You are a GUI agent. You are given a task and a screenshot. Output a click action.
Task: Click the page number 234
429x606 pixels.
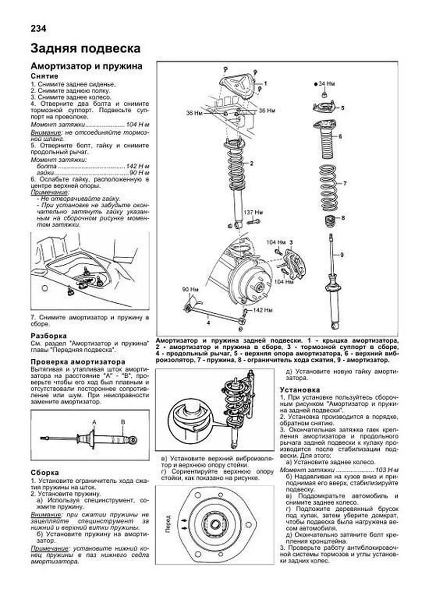coord(38,29)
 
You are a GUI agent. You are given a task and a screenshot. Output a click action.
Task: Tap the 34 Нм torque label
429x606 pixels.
coord(326,84)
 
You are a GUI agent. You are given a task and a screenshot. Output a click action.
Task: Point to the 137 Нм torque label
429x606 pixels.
coord(253,212)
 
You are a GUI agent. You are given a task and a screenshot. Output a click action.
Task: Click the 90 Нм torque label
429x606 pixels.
coord(190,289)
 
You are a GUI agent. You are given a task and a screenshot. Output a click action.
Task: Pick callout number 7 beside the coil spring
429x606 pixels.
coord(345,184)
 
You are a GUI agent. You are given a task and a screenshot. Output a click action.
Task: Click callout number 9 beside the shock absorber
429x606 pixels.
coord(342,255)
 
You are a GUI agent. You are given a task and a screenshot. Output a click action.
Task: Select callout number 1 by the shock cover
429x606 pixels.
coord(265,84)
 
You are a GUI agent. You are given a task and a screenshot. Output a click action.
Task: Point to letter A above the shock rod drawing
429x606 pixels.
coord(94,422)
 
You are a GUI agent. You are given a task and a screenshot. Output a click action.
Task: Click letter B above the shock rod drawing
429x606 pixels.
coord(123,422)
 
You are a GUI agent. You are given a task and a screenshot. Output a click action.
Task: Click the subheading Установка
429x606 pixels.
coord(300,390)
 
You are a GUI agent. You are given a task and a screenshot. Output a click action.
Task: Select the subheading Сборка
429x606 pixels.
coord(45,473)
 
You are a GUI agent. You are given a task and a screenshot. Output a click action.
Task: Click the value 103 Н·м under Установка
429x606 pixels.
coord(386,470)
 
